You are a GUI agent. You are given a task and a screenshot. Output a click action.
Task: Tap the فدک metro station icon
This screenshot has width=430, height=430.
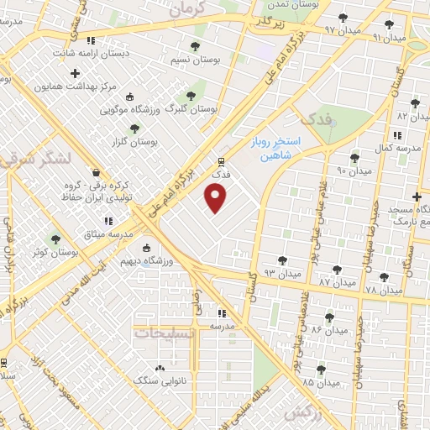pos(221,161)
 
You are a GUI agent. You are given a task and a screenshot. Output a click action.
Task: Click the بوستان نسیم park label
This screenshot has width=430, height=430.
pos(195,60)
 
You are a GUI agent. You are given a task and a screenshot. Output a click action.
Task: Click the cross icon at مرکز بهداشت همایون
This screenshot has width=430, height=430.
pos(76,73)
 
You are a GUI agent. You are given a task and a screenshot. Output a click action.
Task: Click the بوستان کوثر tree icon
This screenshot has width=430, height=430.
pos(56,239)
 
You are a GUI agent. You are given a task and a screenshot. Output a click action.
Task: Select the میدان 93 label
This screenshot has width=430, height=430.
pos(281,274)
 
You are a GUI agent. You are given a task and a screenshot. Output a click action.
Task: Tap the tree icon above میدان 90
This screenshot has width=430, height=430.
pos(354,157)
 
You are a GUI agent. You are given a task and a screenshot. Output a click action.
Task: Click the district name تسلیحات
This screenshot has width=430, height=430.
pos(164,333)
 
